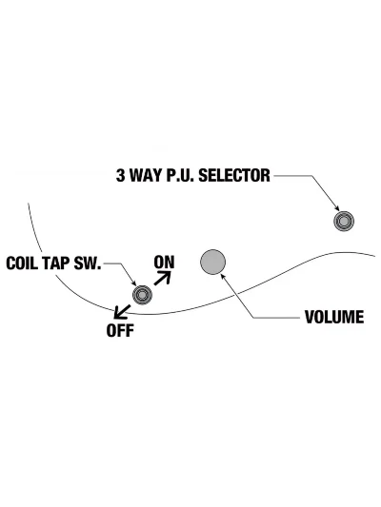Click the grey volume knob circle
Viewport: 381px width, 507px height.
212,262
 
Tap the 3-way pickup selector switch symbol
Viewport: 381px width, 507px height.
344,222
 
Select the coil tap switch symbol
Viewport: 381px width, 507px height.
142,295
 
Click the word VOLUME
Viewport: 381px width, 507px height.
334,317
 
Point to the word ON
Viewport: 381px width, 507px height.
164,263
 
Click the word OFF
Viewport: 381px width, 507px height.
120,330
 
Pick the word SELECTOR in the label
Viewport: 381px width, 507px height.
234,176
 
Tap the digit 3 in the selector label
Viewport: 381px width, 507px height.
120,176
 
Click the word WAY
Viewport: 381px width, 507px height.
146,176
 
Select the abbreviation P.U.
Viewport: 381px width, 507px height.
180,176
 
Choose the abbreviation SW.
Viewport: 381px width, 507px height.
88,263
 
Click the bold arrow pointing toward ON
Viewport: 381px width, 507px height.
162,278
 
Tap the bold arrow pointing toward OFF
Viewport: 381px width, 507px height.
122,312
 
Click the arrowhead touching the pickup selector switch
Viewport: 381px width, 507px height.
337,208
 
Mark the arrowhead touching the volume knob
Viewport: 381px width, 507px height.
223,276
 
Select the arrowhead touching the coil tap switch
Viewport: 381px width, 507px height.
133,283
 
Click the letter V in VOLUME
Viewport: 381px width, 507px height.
310,317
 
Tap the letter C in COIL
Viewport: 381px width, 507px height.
10,263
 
